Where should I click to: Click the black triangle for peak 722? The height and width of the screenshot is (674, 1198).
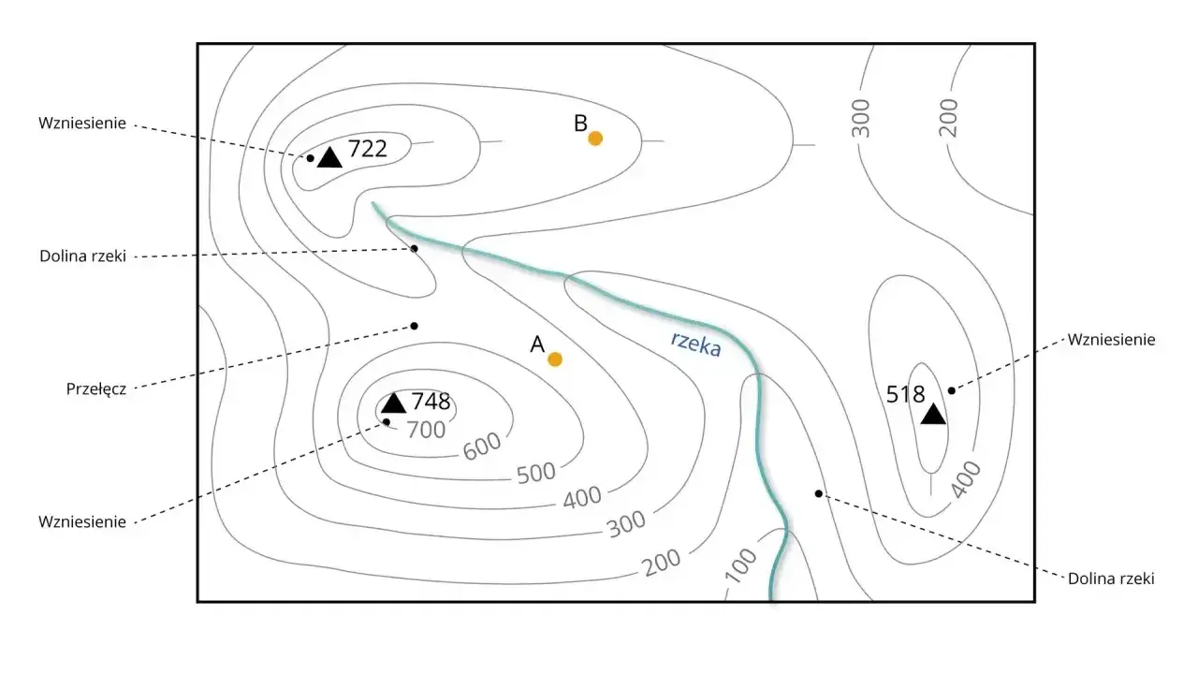pos(329,157)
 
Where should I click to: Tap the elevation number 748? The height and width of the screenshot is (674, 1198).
pos(431,402)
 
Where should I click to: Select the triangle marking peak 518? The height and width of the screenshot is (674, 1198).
pos(933,414)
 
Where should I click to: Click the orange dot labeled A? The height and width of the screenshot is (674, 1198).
pos(555,359)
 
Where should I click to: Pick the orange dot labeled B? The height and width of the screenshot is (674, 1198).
pos(595,139)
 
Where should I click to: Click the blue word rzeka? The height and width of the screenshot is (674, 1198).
pos(695,344)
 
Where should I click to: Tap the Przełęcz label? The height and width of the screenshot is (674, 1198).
pos(96,388)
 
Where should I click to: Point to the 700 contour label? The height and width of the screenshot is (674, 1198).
pos(426,430)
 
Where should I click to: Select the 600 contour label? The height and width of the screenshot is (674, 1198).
pos(482,446)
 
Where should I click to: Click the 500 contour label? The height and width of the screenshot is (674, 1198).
pos(536,473)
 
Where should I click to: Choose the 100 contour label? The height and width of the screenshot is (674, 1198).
pos(740,565)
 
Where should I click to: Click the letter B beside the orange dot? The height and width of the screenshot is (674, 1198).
pos(580,124)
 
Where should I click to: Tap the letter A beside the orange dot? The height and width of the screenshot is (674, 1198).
pos(537,344)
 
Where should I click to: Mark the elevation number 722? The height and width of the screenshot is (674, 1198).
pos(368,149)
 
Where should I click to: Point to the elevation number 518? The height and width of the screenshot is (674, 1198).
pos(905,395)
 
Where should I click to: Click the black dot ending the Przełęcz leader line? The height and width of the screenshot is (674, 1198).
pos(414,326)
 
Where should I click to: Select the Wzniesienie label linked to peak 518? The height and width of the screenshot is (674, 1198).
pos(1111,339)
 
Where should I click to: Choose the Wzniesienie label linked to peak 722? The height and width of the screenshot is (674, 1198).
pos(82,123)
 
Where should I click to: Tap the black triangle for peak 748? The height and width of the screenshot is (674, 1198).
pos(394,403)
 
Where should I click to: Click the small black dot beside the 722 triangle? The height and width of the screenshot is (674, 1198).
pos(310,158)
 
